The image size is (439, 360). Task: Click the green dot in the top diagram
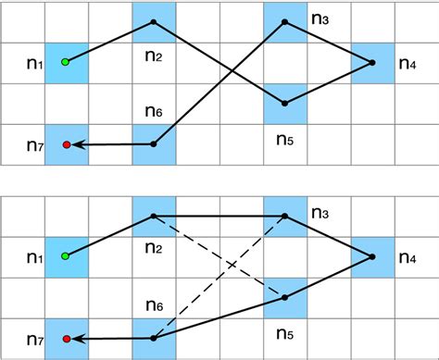tap(66, 62)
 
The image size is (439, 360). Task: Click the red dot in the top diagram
tap(66, 144)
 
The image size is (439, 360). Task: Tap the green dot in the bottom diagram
tap(66, 256)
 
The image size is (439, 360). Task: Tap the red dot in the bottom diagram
tap(66, 339)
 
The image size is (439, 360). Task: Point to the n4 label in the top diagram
tap(408, 65)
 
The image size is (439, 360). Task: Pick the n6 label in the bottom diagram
tap(153, 304)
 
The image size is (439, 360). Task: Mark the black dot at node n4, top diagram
tap(371, 63)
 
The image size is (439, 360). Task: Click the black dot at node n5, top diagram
tap(285, 103)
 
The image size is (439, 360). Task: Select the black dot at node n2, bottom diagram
tap(154, 216)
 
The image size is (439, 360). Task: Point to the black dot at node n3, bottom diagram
tap(285, 216)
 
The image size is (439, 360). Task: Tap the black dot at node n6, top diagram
tap(154, 143)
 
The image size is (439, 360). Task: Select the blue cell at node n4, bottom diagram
tap(372, 257)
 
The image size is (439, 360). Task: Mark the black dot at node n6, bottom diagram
tap(154, 338)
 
